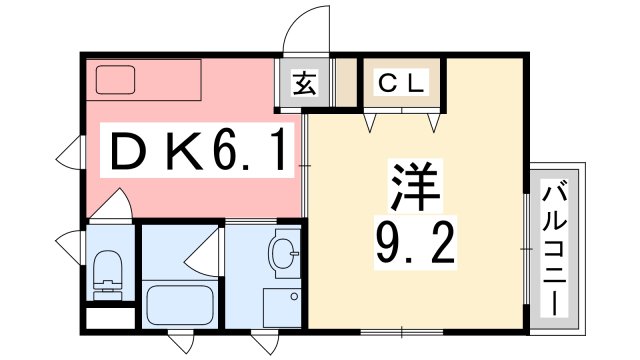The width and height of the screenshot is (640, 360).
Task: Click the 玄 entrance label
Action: (x=305, y=85)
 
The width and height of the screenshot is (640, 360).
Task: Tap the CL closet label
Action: (x=401, y=85)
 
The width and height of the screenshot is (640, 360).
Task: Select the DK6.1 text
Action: (x=195, y=153)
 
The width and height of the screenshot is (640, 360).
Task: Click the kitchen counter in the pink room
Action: (x=144, y=79)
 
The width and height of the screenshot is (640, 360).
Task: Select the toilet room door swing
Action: (x=112, y=205)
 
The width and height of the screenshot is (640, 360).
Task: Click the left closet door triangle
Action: (x=371, y=122)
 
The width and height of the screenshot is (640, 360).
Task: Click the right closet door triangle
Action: (x=433, y=122)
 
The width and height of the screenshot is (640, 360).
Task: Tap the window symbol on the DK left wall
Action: (x=69, y=155)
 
